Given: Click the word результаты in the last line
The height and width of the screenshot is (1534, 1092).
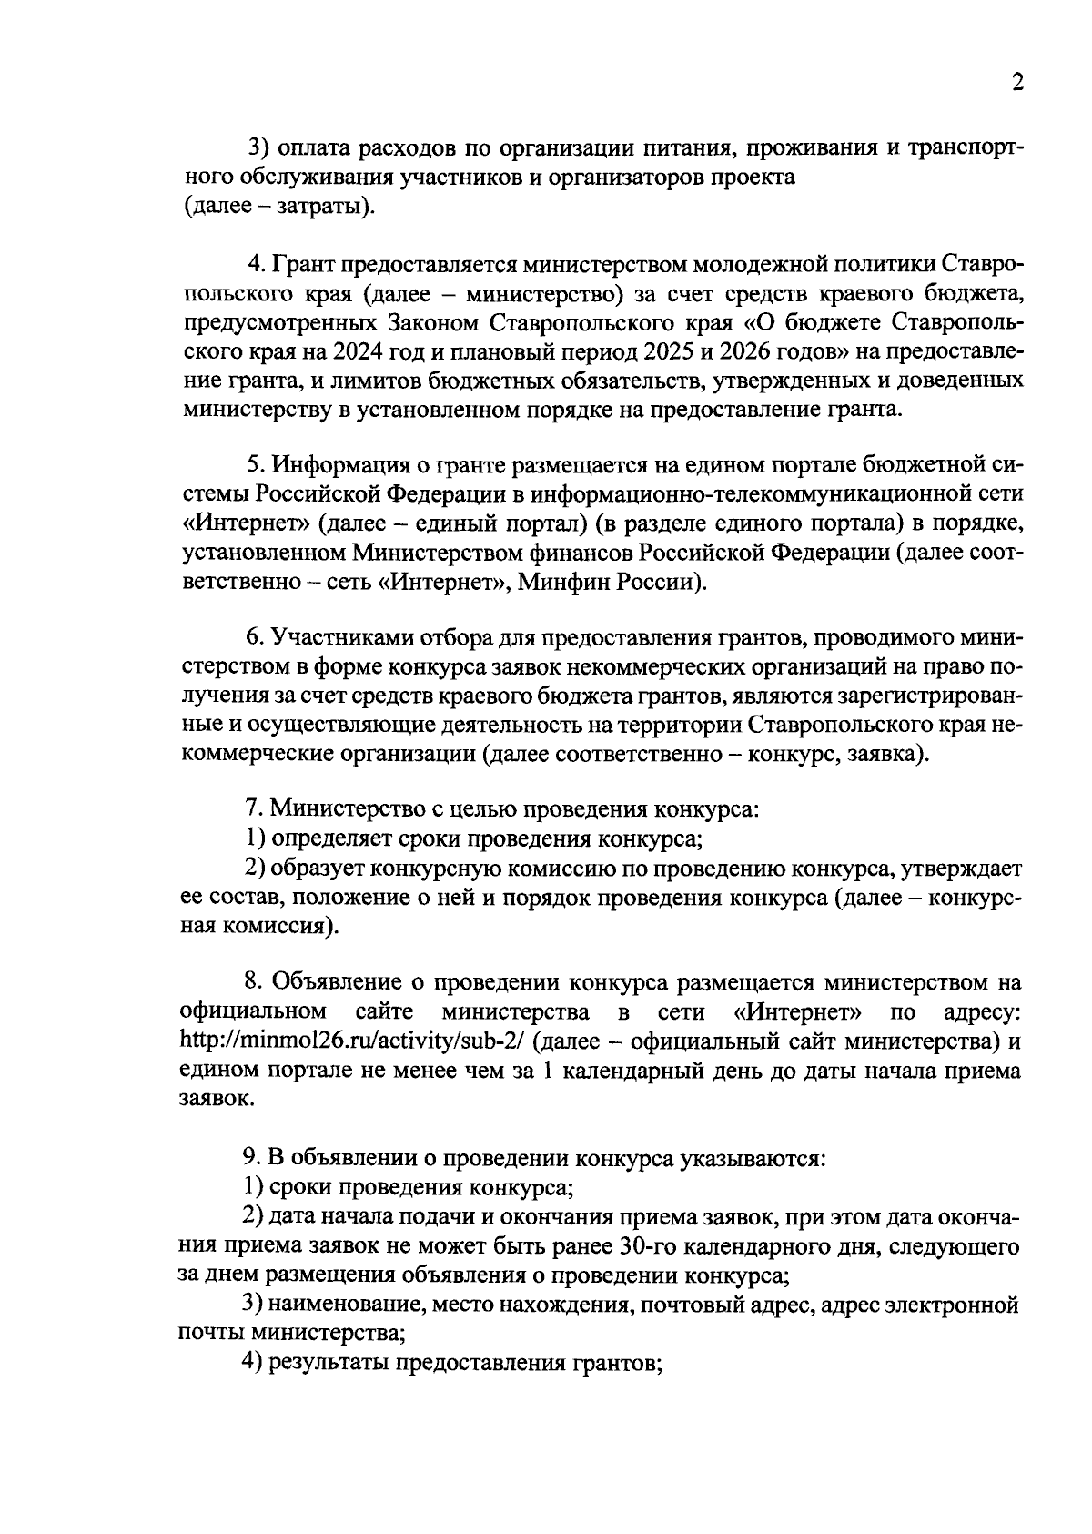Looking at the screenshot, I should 325,1363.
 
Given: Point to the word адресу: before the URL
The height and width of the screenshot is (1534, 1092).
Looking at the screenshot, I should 983,1011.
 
